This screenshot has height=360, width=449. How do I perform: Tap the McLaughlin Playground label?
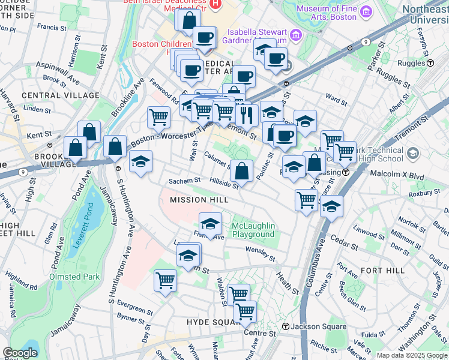[x=253, y=230]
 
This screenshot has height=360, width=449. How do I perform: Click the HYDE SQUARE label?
[x=214, y=322]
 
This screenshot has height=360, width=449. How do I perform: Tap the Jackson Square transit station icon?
[x=286, y=327]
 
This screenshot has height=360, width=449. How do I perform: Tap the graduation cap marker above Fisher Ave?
[x=210, y=224]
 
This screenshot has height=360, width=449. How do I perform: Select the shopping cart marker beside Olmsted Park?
[x=165, y=280]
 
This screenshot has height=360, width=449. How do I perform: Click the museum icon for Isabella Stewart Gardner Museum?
[x=295, y=35]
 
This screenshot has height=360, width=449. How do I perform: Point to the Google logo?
[x=20, y=353]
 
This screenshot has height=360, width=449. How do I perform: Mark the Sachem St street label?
[x=183, y=181]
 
